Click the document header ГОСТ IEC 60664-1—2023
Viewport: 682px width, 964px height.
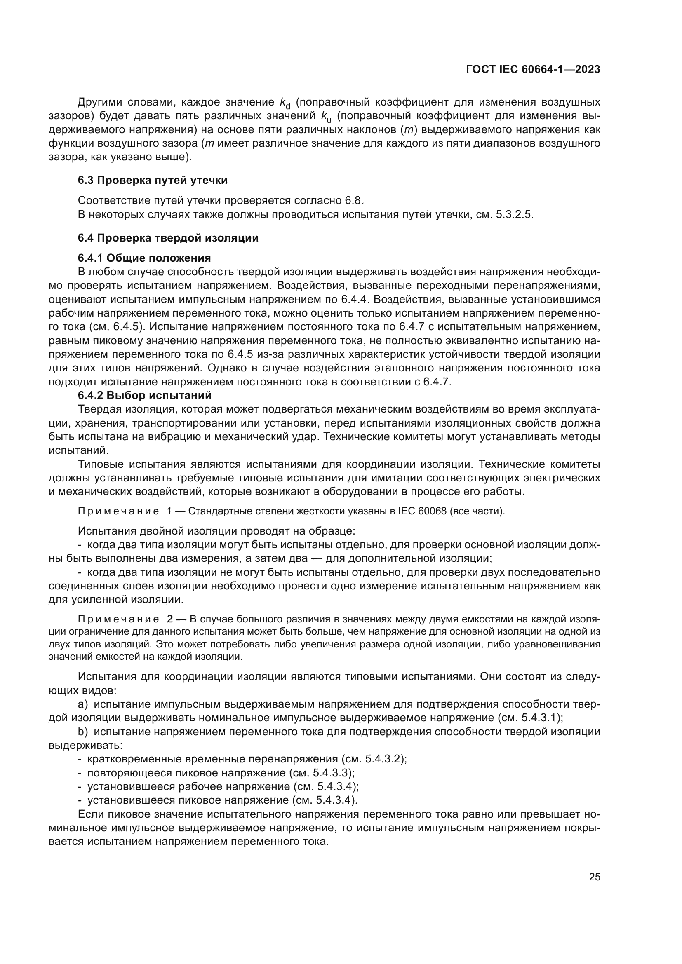point(533,70)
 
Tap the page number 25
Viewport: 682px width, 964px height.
point(594,877)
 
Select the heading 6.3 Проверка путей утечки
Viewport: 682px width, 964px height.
point(153,181)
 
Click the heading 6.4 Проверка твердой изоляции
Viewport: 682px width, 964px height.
point(168,238)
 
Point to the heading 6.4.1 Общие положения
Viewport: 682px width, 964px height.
point(144,258)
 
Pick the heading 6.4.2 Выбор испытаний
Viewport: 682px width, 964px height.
point(144,395)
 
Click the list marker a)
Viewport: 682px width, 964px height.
point(83,704)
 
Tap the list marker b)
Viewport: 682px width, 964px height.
point(83,732)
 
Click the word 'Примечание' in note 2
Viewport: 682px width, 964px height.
point(118,619)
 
